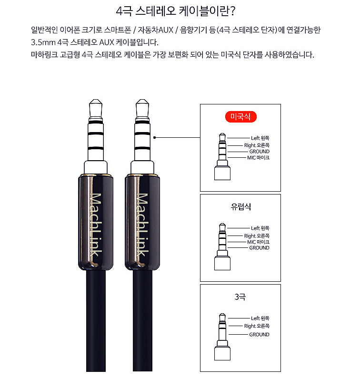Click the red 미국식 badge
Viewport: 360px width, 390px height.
pos(241,117)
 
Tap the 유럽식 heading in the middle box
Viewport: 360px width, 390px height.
pos(241,207)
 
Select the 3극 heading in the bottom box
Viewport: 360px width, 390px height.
pos(240,297)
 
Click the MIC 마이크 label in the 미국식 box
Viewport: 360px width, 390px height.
pos(258,157)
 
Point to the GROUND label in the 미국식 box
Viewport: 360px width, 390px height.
pos(260,151)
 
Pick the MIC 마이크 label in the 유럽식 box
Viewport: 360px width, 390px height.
pos(258,242)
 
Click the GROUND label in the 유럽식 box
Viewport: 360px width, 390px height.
pos(260,248)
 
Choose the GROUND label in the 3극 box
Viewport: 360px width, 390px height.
pos(260,335)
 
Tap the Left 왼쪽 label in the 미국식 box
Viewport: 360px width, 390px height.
pos(260,138)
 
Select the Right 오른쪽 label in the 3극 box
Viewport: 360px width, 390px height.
pos(257,326)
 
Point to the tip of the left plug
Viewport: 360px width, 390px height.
pos(96,100)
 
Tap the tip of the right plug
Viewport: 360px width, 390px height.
pos(142,100)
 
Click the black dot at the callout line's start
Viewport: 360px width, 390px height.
pos(155,137)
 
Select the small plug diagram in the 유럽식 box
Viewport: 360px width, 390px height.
pos(222,246)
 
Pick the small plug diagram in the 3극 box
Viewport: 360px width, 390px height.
pos(222,337)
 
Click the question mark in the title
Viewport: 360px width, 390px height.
pos(233,11)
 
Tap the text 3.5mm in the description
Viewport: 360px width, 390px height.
pos(43,42)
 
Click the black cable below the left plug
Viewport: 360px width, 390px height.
pos(96,321)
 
